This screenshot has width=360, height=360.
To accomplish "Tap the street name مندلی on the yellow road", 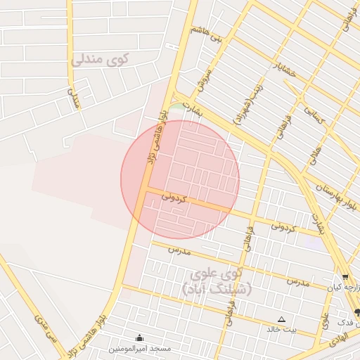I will click(x=72, y=98).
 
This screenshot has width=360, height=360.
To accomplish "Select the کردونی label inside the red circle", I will click(x=174, y=196).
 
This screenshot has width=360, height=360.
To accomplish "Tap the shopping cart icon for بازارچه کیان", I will click(x=345, y=277).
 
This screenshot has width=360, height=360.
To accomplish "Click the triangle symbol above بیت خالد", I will click(x=282, y=319).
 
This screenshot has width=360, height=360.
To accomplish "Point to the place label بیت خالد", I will click(x=281, y=329).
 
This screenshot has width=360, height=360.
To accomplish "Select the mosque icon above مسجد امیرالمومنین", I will click(x=139, y=337).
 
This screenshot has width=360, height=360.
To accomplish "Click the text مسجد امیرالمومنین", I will click(x=139, y=348).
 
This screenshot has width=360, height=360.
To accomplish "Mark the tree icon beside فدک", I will click(x=357, y=312).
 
